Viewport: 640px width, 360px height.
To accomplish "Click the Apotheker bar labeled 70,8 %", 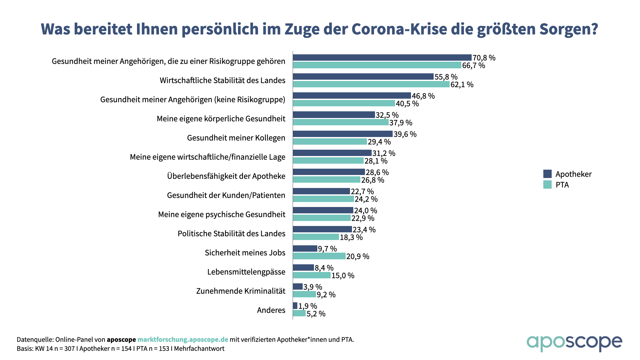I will click(382, 58).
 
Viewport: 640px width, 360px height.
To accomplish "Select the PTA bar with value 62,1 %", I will click(371, 84).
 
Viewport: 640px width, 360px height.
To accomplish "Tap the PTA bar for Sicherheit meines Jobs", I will click(319, 256).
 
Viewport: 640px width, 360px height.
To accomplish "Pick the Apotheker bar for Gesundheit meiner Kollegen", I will click(343, 134).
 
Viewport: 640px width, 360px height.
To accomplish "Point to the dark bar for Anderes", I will click(295, 306).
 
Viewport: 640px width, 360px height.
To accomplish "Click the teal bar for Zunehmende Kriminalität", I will click(304, 295).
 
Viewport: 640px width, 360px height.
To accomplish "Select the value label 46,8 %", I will click(423, 96).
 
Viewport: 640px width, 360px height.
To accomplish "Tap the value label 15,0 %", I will click(343, 276).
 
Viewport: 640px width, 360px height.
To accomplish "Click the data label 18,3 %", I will click(351, 237).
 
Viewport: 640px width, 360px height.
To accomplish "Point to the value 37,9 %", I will click(401, 123).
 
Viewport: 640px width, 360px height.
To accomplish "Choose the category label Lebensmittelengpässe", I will click(246, 272).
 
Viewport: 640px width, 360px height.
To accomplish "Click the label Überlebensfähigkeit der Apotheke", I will click(226, 176).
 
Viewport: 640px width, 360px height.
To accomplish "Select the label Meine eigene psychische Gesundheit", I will click(222, 214).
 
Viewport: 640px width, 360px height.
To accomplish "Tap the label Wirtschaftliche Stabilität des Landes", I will click(222, 81).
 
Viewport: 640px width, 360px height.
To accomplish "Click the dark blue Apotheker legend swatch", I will click(547, 174).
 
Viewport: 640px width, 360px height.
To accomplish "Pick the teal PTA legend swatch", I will click(547, 185).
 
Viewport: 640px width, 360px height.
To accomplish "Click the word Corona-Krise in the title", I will click(399, 29).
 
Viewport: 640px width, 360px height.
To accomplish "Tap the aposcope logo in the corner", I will click(574, 343).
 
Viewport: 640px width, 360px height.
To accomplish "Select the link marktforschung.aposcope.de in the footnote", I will click(183, 340).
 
